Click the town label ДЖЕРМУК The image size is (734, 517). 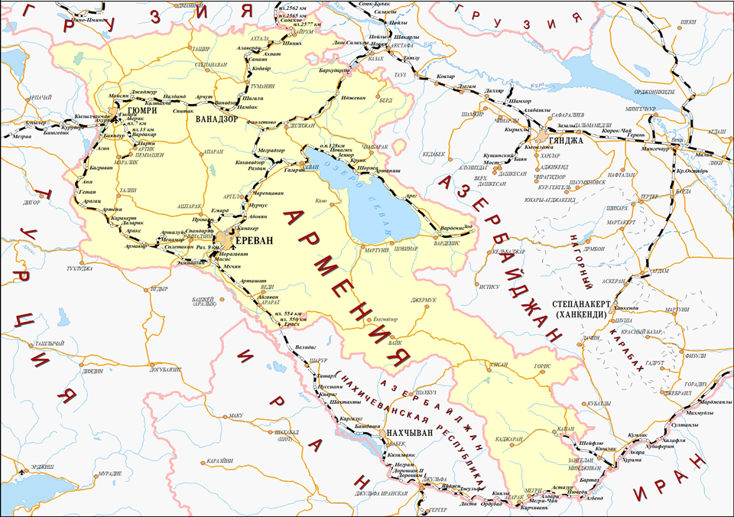point(427,300)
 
